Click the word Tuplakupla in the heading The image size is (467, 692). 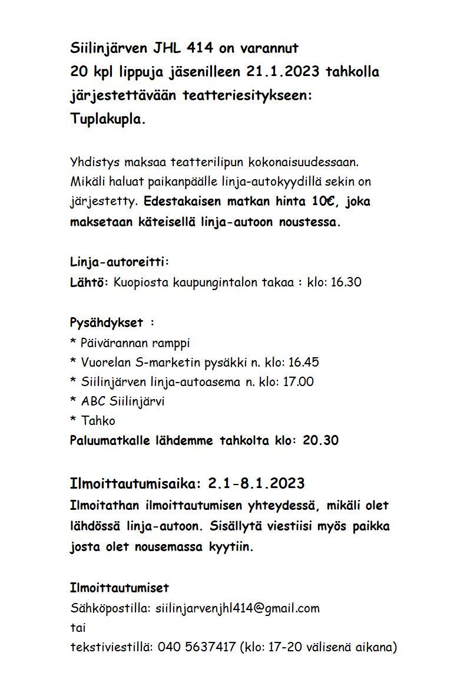106,119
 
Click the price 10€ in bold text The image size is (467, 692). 323,202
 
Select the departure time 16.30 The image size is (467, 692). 346,282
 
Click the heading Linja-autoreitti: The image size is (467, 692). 120,262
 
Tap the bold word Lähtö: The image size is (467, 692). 89,282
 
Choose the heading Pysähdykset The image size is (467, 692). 107,323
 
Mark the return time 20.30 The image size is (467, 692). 320,440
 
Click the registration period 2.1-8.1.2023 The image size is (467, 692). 256,483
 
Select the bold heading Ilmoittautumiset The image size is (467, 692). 119,588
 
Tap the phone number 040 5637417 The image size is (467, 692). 197,647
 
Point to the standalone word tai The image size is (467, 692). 78,627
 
